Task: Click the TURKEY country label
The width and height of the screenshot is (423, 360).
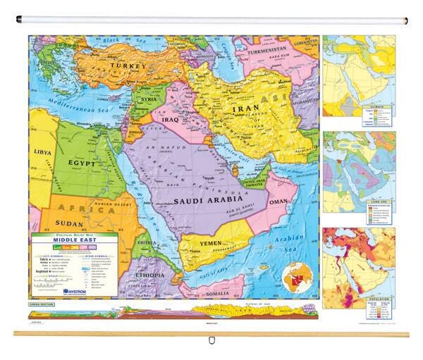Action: pyautogui.click(x=127, y=66)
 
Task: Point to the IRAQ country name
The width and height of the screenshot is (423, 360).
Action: pyautogui.click(x=169, y=119)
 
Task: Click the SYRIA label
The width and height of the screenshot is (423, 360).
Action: pyautogui.click(x=149, y=99)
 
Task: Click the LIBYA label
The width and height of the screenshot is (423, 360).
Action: pyautogui.click(x=42, y=151)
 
